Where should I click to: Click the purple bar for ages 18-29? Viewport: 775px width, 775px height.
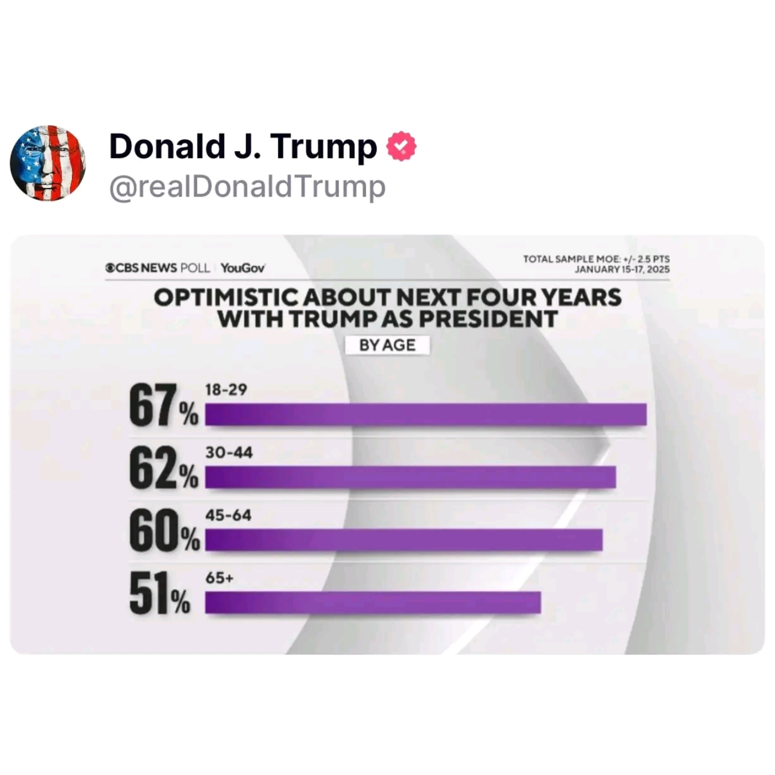point(425,414)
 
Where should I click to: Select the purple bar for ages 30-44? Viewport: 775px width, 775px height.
point(410,477)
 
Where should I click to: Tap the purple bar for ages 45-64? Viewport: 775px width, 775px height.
point(403,540)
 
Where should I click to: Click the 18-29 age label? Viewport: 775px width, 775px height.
point(226,390)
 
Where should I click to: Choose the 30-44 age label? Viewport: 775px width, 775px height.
point(229,453)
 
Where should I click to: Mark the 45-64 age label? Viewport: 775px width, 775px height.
point(228,515)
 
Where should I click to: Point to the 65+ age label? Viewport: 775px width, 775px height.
point(219,578)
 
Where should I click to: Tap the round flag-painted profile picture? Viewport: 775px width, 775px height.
point(48,163)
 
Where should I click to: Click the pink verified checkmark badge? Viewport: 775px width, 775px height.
point(401,146)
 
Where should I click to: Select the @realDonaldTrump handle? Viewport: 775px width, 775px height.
point(247,187)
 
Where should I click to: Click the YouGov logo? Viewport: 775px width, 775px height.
point(243,268)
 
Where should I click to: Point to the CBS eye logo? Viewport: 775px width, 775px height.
point(110,268)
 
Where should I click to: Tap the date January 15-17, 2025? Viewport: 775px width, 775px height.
point(622,269)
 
